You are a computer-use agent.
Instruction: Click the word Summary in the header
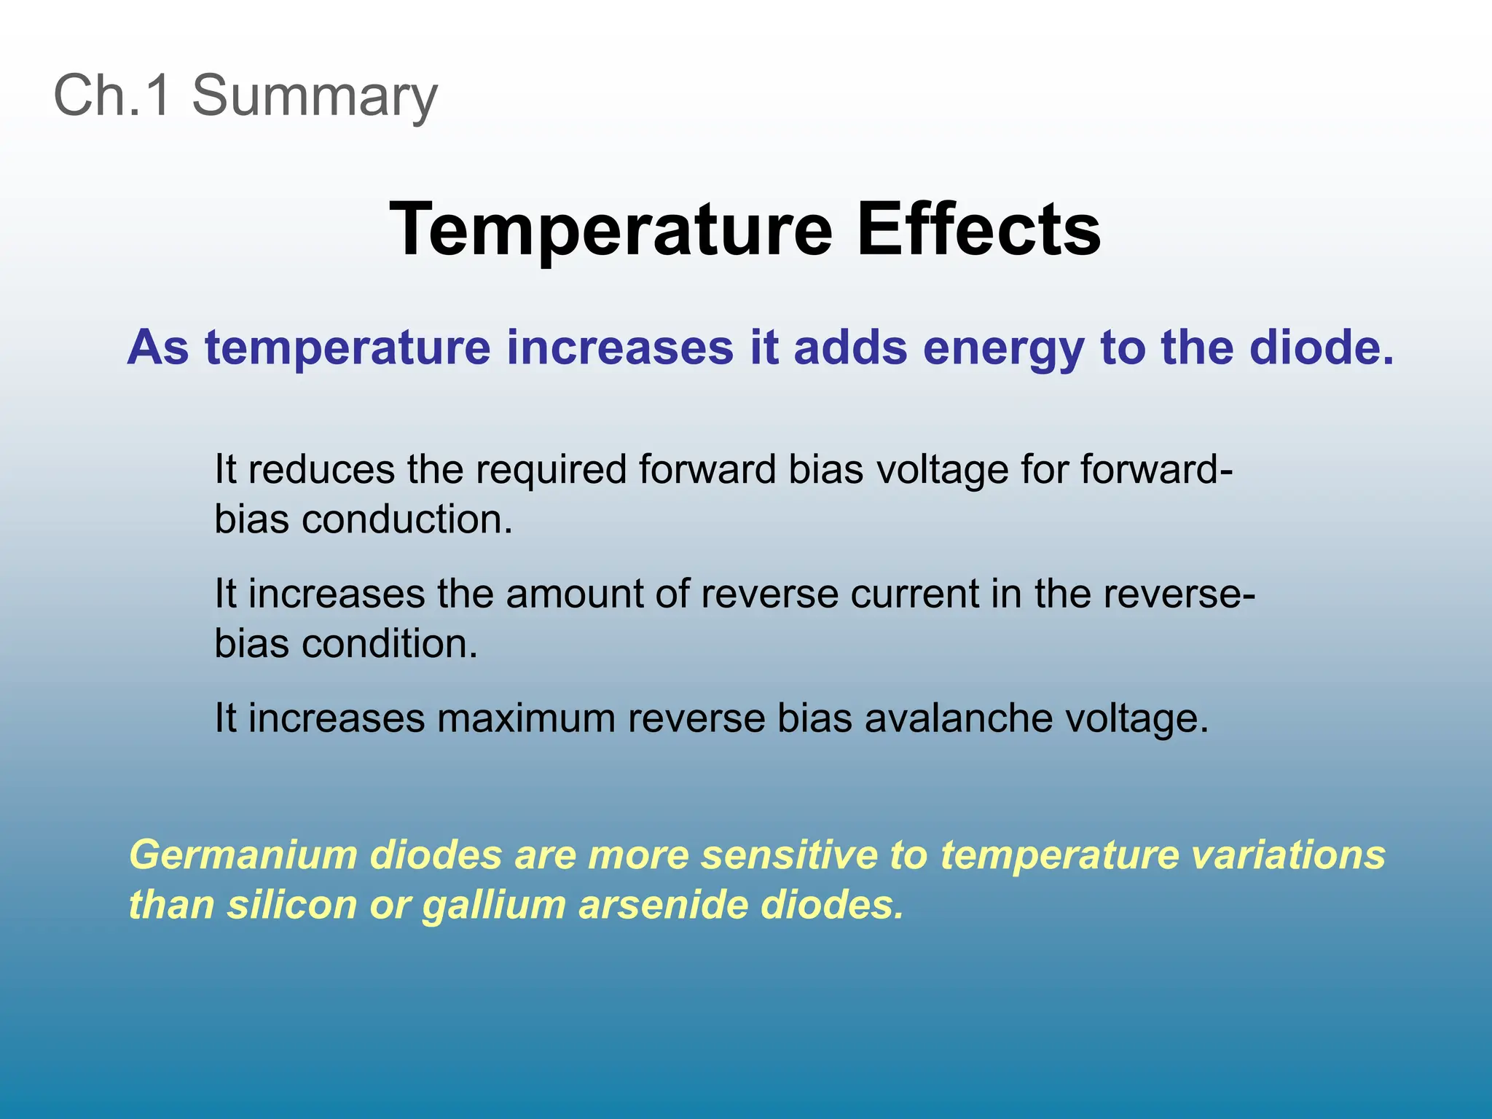tap(314, 95)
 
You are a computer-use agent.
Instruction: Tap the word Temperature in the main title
tap(610, 229)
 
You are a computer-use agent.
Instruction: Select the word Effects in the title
tap(978, 229)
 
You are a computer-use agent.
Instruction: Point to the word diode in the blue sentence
tap(1316, 348)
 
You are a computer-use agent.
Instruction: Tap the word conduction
tap(407, 519)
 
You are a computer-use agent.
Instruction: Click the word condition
tap(390, 644)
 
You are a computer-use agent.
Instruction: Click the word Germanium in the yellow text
tap(243, 855)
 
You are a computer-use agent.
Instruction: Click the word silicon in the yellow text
tap(291, 905)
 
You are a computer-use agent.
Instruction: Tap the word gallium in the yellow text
tap(494, 905)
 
